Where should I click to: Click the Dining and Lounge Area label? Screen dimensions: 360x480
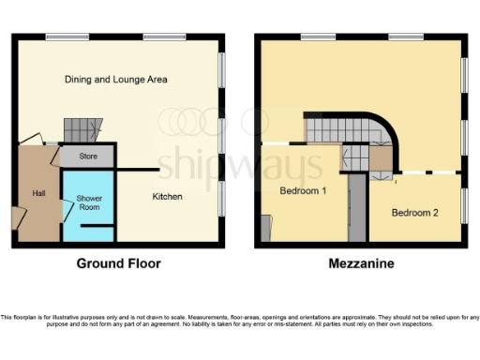116,80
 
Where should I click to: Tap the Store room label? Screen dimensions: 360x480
88,157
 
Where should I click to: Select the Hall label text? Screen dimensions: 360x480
37,192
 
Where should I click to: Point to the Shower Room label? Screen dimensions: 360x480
89,203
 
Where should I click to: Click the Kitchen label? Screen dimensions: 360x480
167,196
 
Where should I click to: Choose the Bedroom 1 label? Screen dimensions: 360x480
303,191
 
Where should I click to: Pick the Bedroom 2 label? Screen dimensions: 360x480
414,213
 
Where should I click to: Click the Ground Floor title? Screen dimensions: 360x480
118,264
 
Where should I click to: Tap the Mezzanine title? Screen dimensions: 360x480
360,264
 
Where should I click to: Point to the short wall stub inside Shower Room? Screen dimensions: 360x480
103,227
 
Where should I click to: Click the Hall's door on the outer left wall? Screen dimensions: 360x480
17,215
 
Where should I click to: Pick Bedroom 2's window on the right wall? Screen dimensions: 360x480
464,206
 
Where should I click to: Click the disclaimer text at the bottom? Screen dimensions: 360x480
240,321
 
